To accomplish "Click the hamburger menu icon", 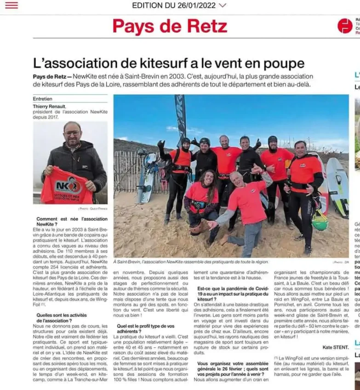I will point(11,6).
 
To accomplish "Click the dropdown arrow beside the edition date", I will point(223,6).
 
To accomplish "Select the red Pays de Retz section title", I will point(170,26).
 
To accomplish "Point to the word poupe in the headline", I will point(282,63).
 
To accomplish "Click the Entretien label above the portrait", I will point(43,99).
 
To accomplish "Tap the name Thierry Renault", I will point(49,106).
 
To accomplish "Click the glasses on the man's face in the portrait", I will point(72,133).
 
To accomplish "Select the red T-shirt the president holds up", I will point(66,186).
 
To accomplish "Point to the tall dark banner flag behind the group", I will point(181,117).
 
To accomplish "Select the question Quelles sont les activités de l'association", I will point(61,317).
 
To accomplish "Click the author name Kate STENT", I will point(335,347).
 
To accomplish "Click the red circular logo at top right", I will point(345,26).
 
